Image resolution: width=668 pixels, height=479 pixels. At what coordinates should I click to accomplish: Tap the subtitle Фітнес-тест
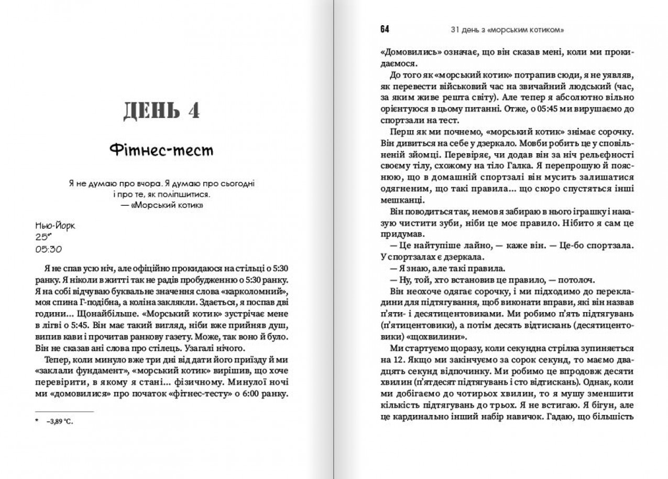tap(162, 151)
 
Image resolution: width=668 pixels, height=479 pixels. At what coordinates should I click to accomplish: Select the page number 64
tap(385, 29)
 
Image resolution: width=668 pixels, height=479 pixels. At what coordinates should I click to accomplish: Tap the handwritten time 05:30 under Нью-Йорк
tap(50, 249)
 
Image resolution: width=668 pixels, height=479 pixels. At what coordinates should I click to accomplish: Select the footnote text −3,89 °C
tap(59, 421)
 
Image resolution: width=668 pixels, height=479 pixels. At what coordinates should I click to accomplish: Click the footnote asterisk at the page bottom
tap(37, 421)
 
